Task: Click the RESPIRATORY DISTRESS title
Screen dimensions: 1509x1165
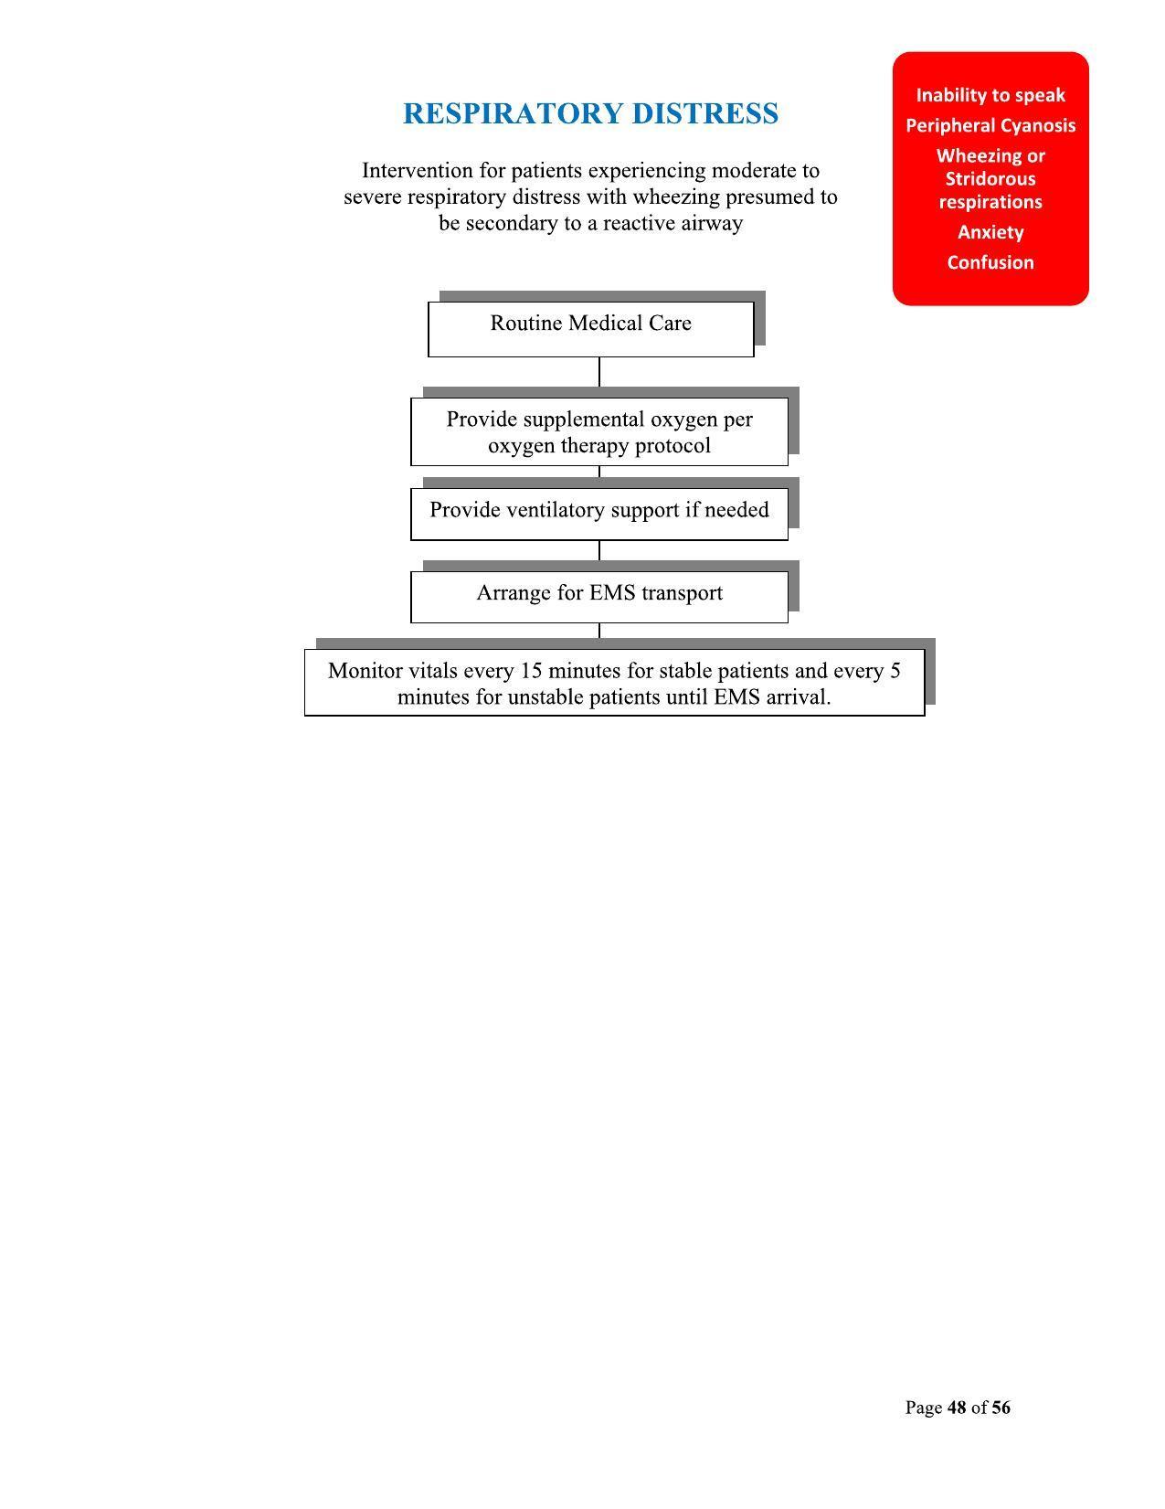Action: [590, 114]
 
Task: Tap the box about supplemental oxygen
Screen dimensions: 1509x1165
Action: [598, 431]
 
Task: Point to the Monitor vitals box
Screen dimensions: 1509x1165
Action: [614, 683]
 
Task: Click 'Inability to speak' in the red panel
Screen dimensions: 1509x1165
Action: [990, 95]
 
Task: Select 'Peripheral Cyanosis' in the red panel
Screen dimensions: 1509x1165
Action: [990, 125]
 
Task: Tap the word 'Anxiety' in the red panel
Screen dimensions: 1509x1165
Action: [990, 232]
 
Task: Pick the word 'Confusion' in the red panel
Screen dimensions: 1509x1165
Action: [990, 262]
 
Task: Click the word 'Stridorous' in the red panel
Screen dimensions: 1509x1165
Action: [990, 179]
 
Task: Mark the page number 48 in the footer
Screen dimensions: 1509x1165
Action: [957, 1408]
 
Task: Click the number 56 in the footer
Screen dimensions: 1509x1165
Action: [1001, 1408]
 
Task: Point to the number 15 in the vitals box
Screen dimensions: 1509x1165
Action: [531, 671]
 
